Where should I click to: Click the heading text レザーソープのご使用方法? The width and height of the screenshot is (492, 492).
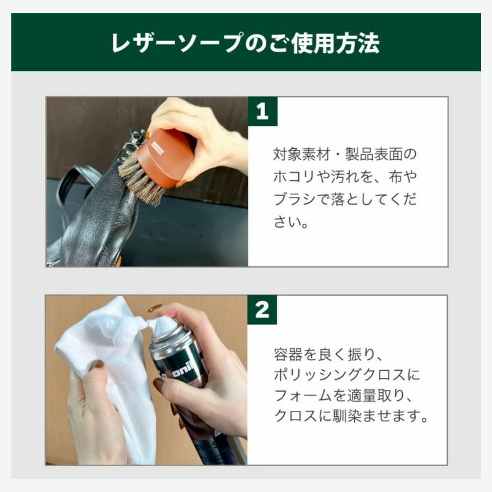point(245,42)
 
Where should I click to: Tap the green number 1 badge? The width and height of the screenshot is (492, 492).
point(263,111)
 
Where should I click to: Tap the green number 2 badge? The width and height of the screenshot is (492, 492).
point(263,310)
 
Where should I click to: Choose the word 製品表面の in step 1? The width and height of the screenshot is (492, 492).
point(381,154)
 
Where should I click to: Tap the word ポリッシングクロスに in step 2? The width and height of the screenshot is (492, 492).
point(347,375)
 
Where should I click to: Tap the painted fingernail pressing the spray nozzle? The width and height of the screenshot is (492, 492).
point(154,308)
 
